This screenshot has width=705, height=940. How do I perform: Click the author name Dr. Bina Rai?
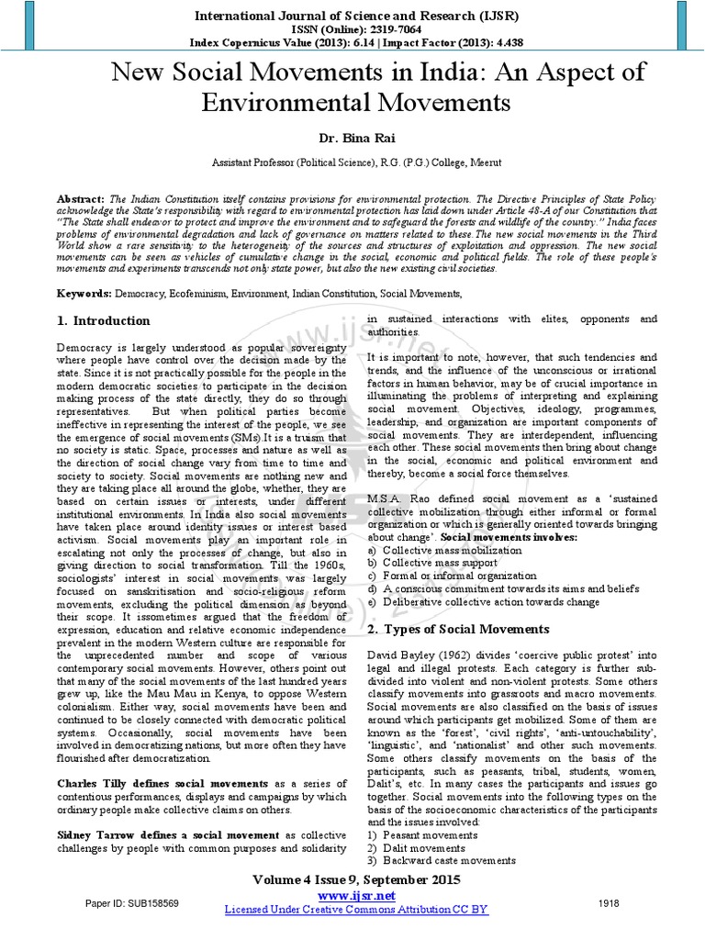352,136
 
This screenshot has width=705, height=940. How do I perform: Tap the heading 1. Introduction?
103,320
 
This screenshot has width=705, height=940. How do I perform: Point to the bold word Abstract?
81,198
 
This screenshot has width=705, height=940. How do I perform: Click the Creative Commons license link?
357,909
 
